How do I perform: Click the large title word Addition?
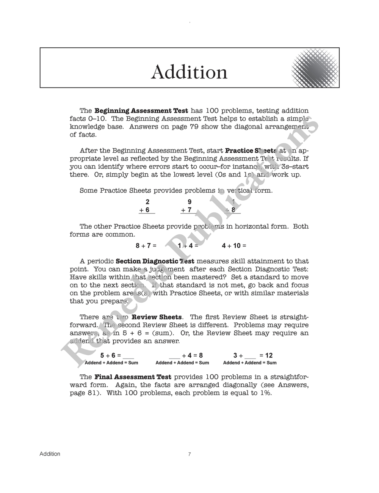tap(189, 72)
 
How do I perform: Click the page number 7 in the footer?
tap(189, 454)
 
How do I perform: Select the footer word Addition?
tap(50, 454)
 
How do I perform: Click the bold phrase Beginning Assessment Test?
tap(141, 111)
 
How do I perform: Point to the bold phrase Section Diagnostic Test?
tap(155, 261)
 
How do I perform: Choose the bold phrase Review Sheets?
tap(157, 317)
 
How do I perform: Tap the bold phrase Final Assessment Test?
tap(133, 377)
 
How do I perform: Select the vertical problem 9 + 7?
tap(188, 206)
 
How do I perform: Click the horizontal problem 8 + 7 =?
tap(146, 246)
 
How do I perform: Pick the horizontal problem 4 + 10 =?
tap(234, 246)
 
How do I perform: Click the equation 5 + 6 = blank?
tap(117, 355)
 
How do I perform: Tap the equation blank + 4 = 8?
tap(186, 355)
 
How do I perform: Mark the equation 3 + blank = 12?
tap(253, 355)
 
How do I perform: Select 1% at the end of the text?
tap(266, 393)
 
